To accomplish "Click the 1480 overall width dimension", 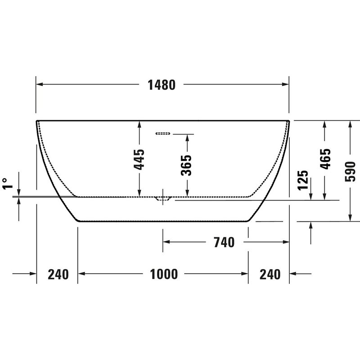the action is click(162, 85).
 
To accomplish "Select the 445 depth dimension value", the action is click(139, 159).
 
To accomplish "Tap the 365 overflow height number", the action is click(186, 165).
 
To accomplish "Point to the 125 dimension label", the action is click(303, 180).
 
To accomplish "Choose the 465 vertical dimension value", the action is click(325, 159).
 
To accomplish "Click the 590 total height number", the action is click(350, 171).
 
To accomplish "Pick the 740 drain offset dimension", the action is click(224, 242).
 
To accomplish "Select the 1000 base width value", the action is click(164, 274).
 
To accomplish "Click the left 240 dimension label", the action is click(58, 274).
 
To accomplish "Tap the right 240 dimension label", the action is click(270, 274).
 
